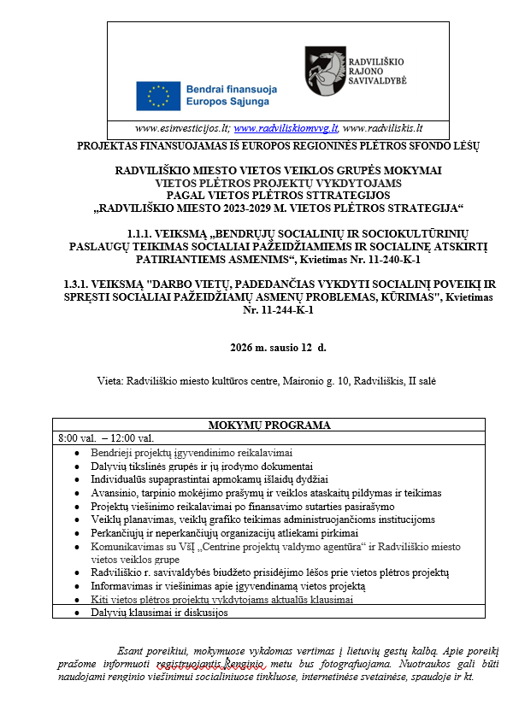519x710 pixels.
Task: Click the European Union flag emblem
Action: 158,96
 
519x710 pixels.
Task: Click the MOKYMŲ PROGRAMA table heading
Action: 268,425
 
